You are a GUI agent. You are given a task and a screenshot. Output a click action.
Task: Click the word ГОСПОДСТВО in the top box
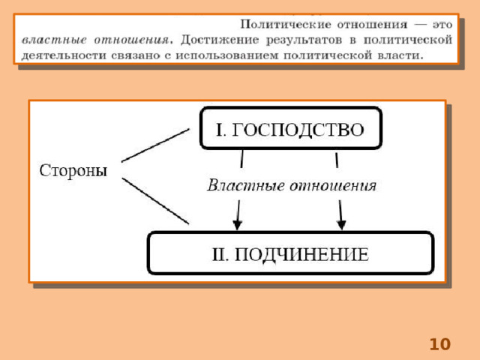(x=298, y=130)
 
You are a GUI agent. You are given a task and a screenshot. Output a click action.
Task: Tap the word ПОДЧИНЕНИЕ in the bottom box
(x=301, y=254)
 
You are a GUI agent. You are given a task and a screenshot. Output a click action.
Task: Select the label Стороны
(x=73, y=170)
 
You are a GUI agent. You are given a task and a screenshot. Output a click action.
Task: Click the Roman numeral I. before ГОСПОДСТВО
(x=221, y=130)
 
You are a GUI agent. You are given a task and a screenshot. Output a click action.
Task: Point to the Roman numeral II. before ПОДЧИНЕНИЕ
(x=220, y=254)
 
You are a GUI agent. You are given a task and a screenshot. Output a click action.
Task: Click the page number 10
(x=440, y=344)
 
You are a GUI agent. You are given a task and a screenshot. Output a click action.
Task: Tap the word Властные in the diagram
(x=246, y=185)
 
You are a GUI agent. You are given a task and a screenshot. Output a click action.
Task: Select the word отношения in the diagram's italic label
(x=333, y=186)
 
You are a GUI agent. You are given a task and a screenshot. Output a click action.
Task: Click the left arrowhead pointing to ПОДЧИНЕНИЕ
(x=237, y=225)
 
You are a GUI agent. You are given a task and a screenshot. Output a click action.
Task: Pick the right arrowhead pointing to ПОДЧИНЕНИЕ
(x=341, y=225)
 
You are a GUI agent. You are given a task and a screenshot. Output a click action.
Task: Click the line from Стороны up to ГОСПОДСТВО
(x=155, y=145)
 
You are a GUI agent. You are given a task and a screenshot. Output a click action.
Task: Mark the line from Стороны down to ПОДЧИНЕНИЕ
(x=155, y=201)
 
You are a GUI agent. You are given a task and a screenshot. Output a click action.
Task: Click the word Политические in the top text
(x=286, y=24)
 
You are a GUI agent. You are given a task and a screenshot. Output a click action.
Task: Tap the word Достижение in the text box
(x=220, y=40)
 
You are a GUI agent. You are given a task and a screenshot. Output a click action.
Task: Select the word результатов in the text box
(x=304, y=40)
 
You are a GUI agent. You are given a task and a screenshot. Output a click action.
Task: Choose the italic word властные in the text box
(x=54, y=40)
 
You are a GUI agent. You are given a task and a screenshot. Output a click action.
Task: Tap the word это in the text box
(x=442, y=25)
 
